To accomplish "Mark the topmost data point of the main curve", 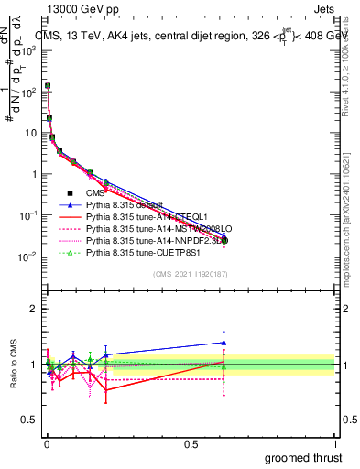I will pos(48,85).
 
